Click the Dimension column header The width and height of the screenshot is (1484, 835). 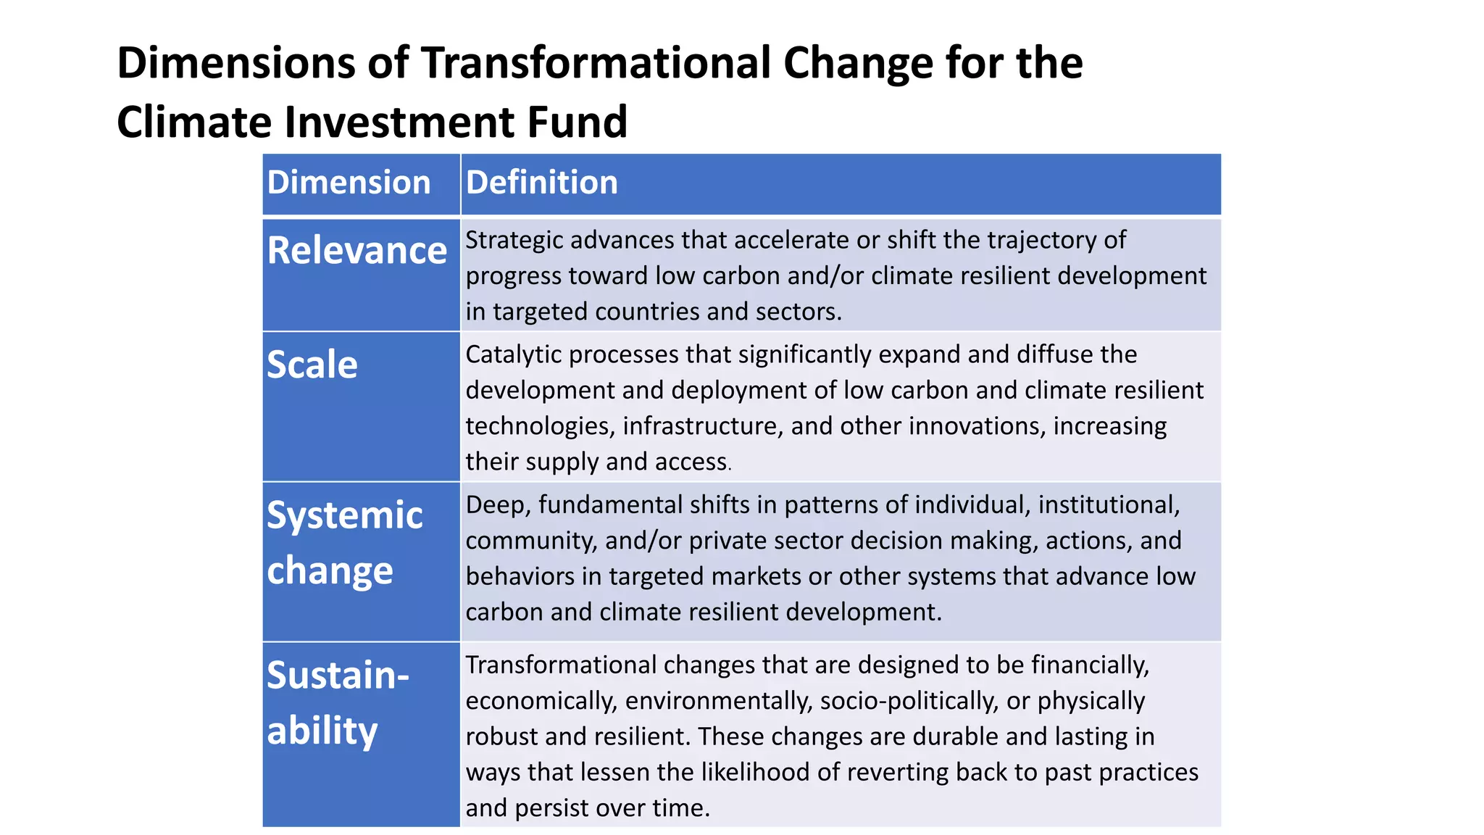pos(349,182)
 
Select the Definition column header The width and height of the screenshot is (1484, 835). pos(541,182)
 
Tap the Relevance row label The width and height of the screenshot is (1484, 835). pos(357,251)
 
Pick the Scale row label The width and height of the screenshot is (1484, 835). pos(312,365)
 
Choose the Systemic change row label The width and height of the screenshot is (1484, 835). pos(345,543)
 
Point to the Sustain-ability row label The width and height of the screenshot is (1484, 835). pos(338,702)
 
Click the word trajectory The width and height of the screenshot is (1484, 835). pos(1033,240)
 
